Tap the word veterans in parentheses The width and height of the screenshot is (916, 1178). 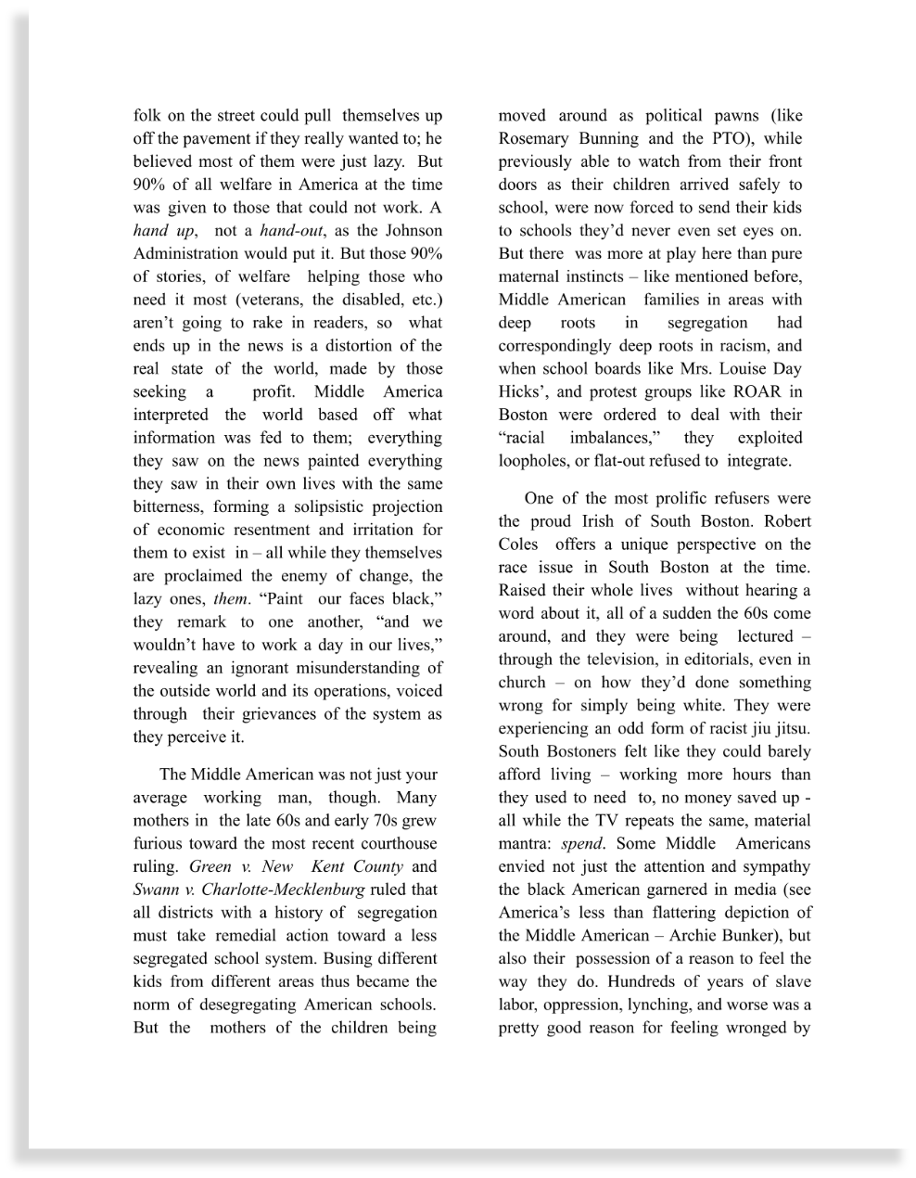pos(270,300)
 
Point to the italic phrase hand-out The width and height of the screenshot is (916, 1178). pos(286,231)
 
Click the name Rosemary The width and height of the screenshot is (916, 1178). pos(532,139)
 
